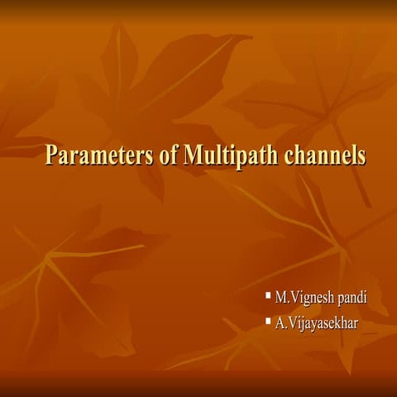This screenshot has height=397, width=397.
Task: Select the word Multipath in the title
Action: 225,156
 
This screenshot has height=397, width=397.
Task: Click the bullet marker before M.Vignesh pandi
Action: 268,294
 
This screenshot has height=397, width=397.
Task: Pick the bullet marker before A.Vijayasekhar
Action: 268,318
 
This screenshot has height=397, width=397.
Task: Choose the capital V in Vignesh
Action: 295,296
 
